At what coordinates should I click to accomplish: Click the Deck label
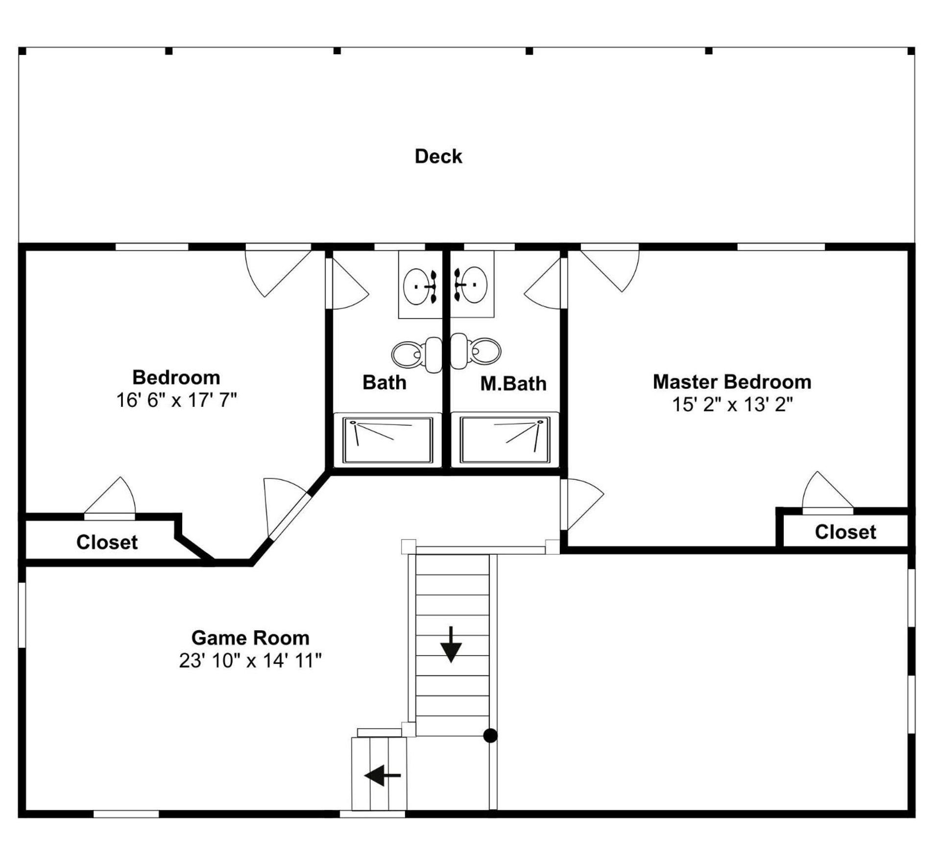click(x=438, y=156)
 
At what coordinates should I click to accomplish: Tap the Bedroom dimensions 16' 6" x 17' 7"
click(x=176, y=400)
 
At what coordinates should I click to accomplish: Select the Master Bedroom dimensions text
click(x=732, y=404)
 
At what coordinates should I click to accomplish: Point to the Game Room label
click(x=250, y=638)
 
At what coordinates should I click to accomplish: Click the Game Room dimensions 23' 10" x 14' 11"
click(x=250, y=661)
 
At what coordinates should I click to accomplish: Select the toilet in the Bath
click(x=416, y=354)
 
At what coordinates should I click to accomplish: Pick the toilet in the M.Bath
click(x=476, y=351)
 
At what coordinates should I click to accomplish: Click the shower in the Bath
click(x=387, y=439)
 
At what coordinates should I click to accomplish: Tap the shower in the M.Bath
click(x=504, y=439)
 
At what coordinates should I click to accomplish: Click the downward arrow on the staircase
click(x=451, y=644)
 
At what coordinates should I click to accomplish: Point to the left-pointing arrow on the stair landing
click(x=383, y=775)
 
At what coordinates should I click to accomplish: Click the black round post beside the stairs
click(x=490, y=735)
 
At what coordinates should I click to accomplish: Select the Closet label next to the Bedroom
click(x=107, y=542)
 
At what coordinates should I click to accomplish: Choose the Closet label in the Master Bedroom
click(x=845, y=532)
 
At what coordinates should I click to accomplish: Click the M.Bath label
click(x=513, y=383)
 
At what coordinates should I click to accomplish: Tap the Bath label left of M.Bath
click(x=384, y=382)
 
